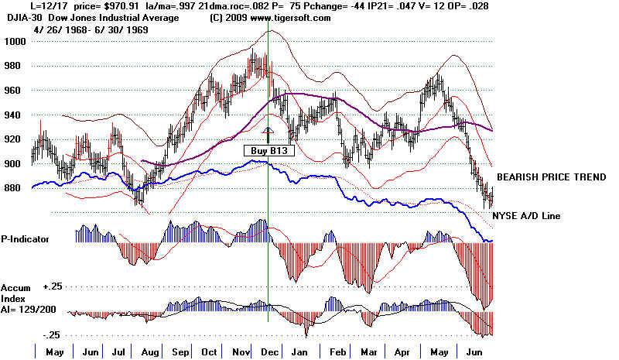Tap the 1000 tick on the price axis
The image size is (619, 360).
(16, 41)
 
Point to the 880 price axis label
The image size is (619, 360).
(15, 188)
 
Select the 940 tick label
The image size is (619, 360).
(15, 115)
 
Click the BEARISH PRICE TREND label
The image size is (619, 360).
(551, 177)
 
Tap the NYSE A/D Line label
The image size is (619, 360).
(528, 215)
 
